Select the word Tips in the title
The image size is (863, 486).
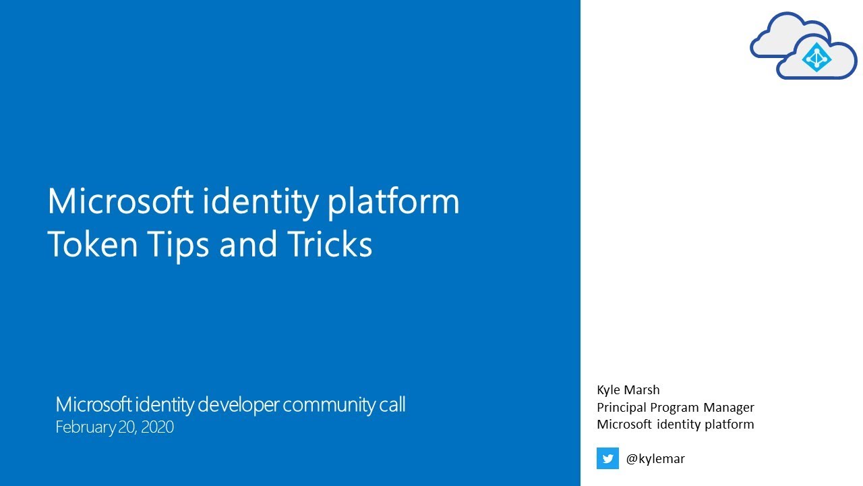tap(177, 245)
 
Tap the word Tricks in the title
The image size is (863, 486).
tap(330, 245)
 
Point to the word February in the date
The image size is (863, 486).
tap(84, 427)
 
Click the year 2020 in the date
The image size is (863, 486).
tap(157, 427)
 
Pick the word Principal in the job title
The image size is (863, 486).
tap(622, 408)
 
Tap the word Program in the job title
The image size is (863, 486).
tap(674, 408)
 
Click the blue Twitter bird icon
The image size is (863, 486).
tap(607, 458)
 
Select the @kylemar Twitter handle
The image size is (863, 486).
tap(655, 459)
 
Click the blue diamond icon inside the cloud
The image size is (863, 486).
tap(816, 59)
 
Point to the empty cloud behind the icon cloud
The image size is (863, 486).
tap(775, 37)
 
